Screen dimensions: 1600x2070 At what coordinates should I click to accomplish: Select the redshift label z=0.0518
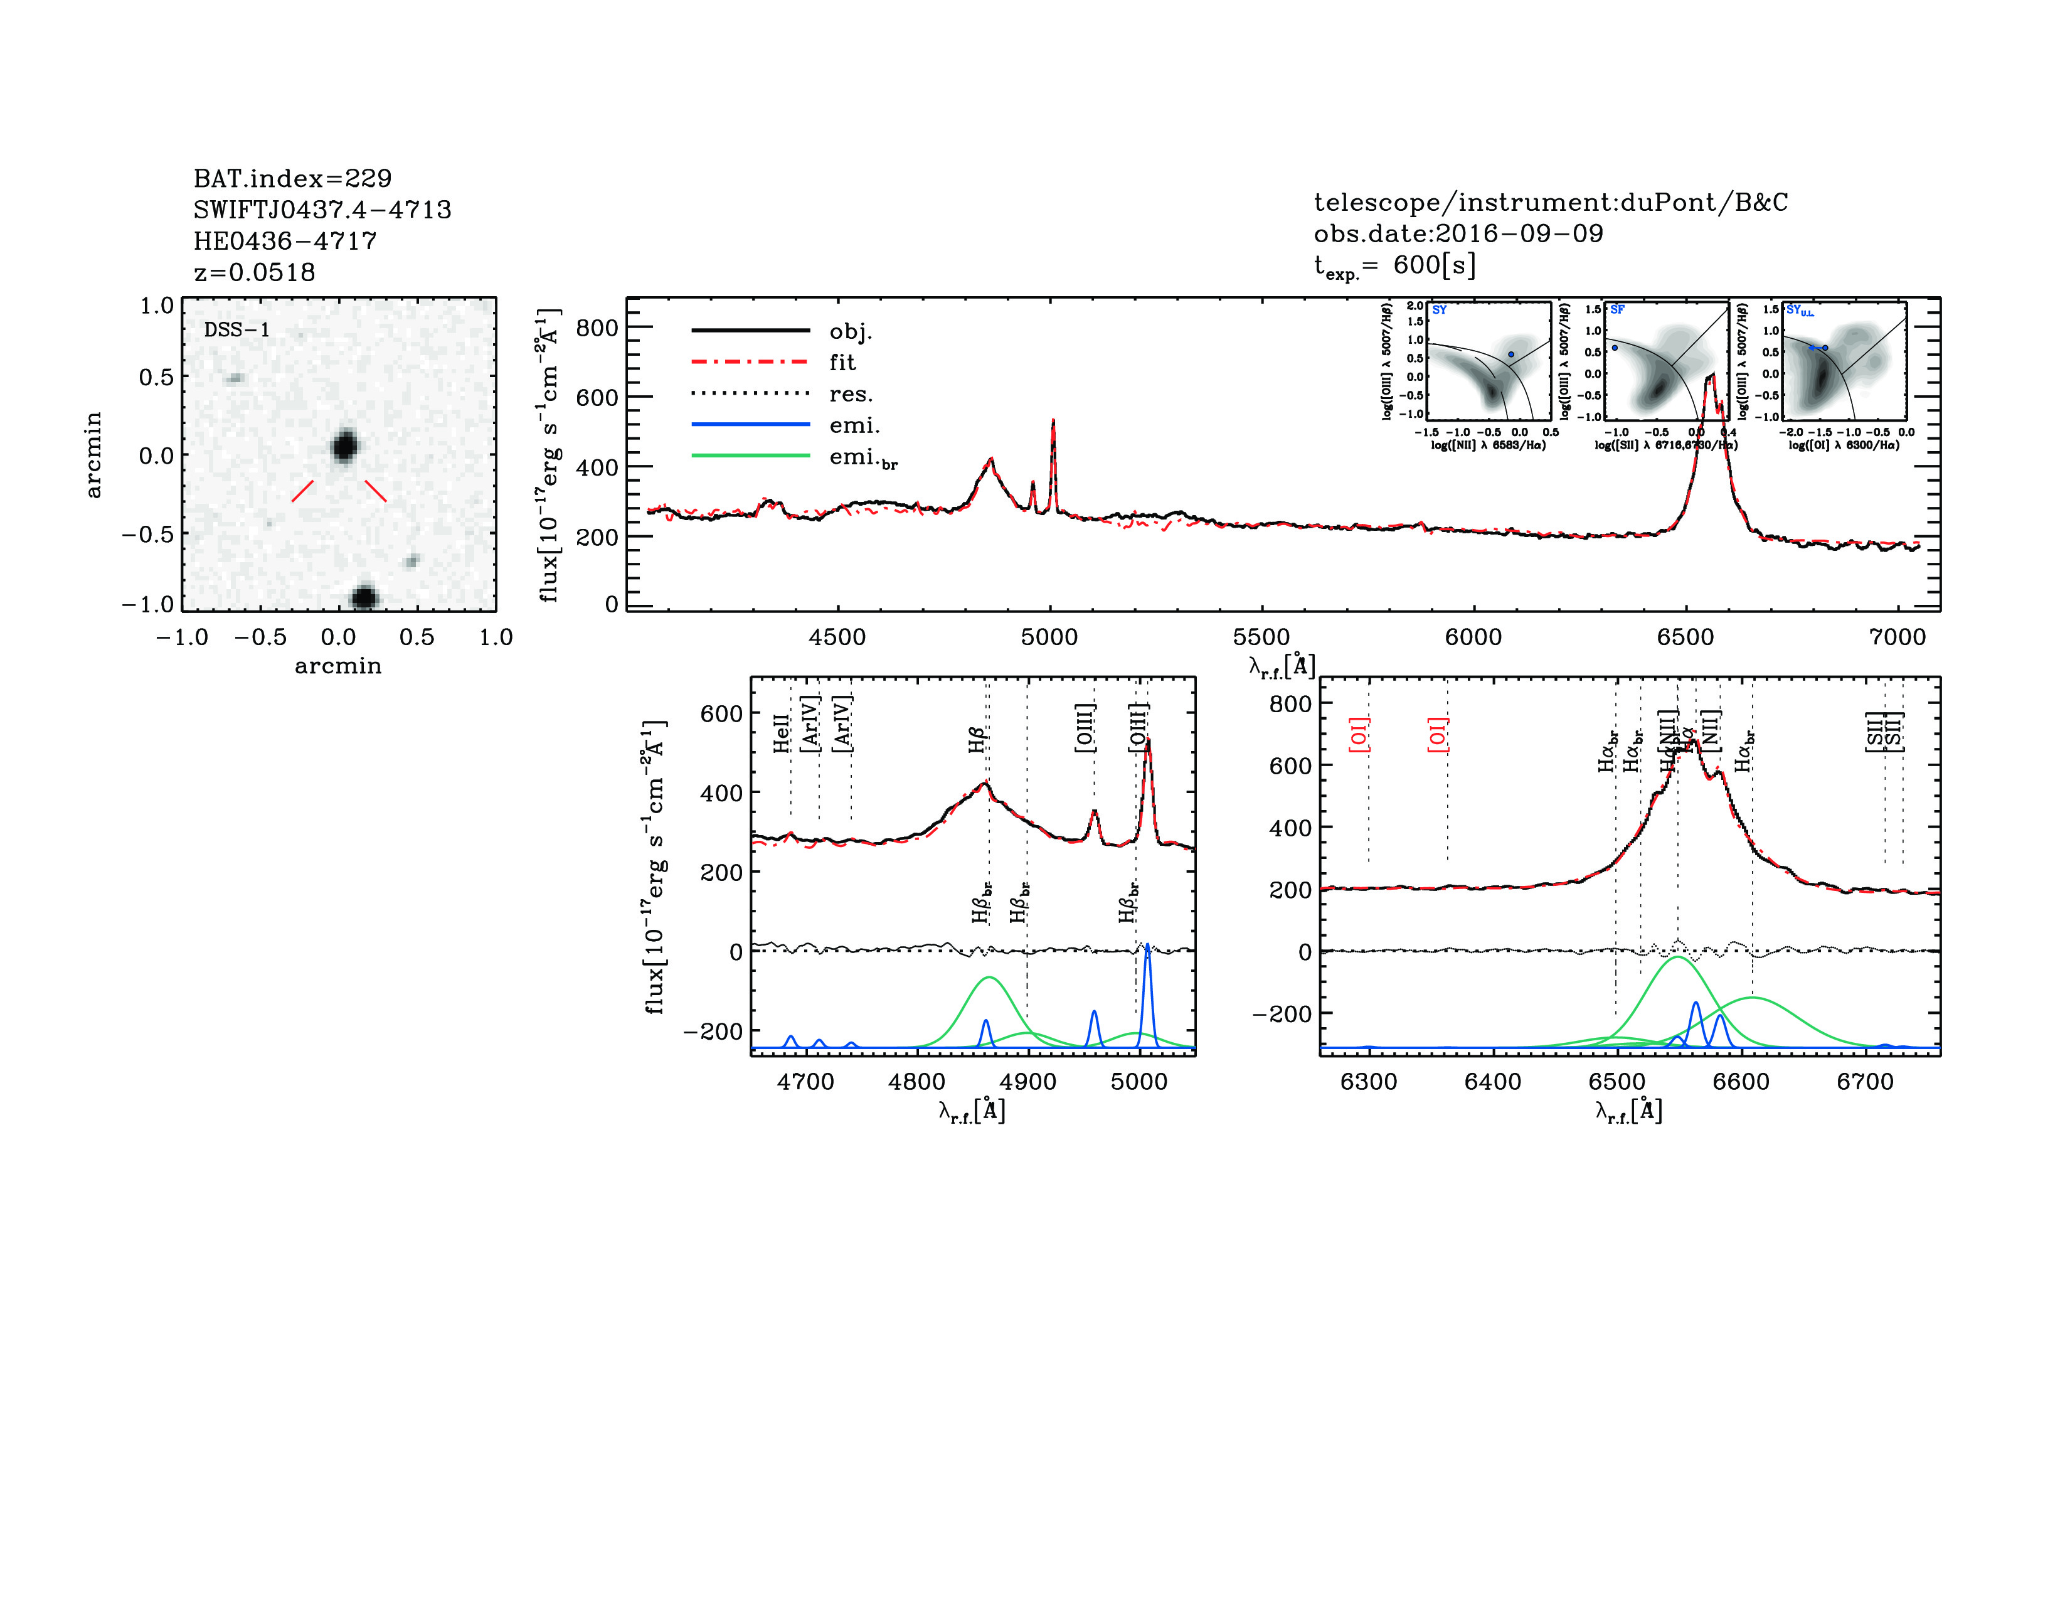pos(254,272)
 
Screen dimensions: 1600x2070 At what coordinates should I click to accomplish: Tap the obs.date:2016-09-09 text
pos(1458,233)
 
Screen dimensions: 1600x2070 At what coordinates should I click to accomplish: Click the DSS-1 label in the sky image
pos(237,330)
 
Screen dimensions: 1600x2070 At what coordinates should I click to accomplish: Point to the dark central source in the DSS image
pos(344,445)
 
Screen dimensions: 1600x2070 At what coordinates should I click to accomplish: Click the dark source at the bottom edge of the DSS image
pos(365,597)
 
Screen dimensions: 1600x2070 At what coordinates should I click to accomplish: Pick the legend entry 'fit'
pos(842,362)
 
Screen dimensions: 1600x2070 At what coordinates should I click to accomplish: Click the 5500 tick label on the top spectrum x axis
pos(1261,637)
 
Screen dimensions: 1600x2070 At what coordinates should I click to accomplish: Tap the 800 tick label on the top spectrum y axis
pos(597,328)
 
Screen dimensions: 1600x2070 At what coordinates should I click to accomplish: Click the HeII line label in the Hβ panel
pos(781,733)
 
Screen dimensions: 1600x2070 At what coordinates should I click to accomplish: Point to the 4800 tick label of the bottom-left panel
pos(916,1082)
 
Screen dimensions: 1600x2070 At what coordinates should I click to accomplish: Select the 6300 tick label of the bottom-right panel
pos(1369,1082)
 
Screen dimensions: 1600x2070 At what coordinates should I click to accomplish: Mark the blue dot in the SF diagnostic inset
pos(1614,348)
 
